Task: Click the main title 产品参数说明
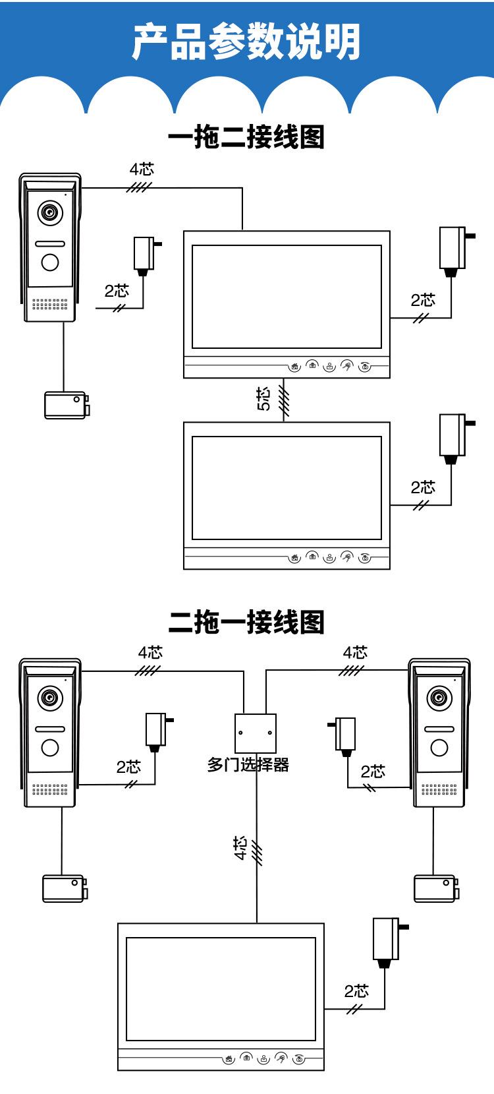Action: [246, 42]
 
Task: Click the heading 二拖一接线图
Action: [246, 622]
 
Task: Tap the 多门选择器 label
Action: [248, 765]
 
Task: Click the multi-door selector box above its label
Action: [256, 733]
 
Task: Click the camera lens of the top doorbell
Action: [50, 212]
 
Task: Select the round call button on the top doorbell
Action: [50, 262]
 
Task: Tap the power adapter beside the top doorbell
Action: [146, 255]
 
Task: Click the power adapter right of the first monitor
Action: [453, 249]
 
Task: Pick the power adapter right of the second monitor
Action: [453, 437]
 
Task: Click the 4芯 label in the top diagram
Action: [141, 169]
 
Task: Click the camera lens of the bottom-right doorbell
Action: [439, 697]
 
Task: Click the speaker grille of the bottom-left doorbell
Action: [50, 789]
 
